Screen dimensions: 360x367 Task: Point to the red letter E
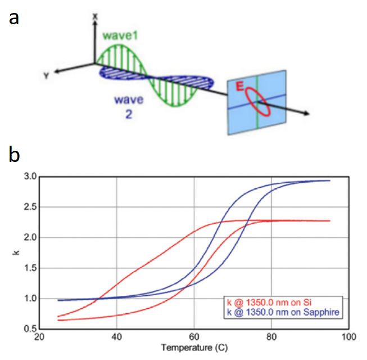tap(241, 86)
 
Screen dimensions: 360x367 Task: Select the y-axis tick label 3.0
tap(30, 177)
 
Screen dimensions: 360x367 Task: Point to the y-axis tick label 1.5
tap(30, 268)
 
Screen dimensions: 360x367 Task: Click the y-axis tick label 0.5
tap(30, 328)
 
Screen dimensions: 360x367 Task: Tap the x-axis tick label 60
tap(194, 337)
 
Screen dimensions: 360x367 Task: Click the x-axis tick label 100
tap(348, 337)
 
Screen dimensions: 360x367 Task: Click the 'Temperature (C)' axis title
tap(194, 349)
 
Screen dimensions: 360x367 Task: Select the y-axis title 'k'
tap(16, 253)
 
